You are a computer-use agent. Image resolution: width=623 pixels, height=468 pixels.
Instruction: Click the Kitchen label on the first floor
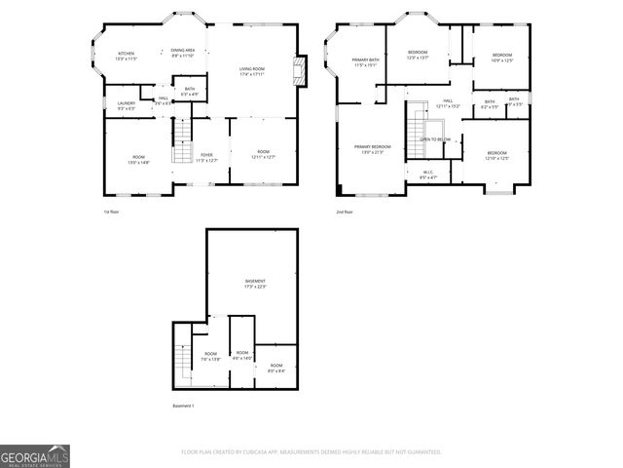click(127, 56)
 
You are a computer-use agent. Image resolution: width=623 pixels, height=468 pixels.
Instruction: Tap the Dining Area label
click(183, 53)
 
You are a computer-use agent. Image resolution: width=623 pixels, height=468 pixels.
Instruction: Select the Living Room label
click(252, 71)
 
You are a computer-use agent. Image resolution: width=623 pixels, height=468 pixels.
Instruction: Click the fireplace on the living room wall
click(301, 71)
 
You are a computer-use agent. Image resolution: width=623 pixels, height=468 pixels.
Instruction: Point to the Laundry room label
click(127, 104)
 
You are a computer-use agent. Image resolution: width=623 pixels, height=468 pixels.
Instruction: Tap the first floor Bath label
click(190, 92)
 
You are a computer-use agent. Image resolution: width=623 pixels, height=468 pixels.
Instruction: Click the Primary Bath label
click(366, 62)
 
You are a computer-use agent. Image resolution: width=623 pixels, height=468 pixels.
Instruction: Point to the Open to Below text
click(434, 139)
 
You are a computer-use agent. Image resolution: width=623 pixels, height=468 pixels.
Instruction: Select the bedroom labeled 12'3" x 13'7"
click(418, 56)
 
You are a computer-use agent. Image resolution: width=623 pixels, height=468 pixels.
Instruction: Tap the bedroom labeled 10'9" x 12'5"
click(501, 57)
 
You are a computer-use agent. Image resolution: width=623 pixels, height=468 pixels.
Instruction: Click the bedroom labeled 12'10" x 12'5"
click(496, 155)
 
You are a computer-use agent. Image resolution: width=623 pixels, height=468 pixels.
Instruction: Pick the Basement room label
click(255, 284)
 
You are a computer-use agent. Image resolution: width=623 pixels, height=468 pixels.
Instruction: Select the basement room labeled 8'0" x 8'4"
click(276, 368)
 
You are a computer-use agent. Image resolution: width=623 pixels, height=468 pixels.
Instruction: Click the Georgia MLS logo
click(35, 456)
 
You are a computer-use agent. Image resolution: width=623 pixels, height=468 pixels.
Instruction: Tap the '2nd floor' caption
click(345, 212)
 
